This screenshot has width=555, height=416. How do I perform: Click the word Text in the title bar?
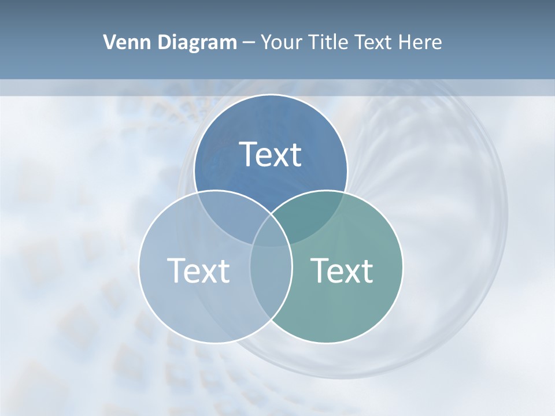tap(376, 42)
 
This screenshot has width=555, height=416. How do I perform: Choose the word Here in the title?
tap(423, 42)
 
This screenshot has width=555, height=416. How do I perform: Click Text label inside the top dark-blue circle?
tap(271, 155)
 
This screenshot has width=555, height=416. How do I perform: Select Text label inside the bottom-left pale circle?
tap(198, 270)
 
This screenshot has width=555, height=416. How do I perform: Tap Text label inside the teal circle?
tap(342, 270)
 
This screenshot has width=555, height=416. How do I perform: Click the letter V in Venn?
tap(109, 42)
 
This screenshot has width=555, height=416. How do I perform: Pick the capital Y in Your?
tap(266, 42)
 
